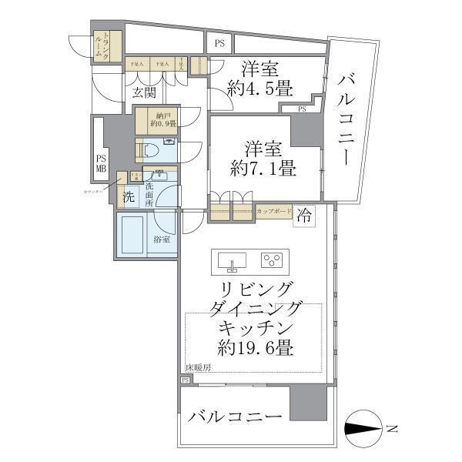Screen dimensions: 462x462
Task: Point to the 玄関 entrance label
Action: [x=144, y=94]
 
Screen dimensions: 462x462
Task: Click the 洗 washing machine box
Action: [x=129, y=197]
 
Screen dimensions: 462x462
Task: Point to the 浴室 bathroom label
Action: [x=162, y=239]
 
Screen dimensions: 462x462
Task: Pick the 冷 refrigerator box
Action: [x=304, y=214]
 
